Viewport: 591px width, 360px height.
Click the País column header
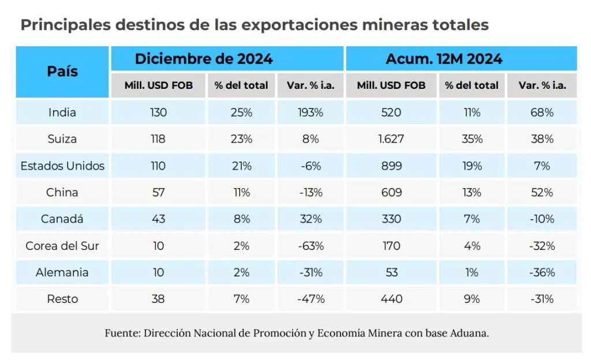[x=62, y=72]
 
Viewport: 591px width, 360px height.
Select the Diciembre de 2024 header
[x=204, y=59]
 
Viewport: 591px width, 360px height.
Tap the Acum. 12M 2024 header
[x=444, y=59]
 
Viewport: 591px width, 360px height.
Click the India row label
[x=62, y=112]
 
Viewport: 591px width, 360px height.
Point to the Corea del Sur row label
[x=62, y=246]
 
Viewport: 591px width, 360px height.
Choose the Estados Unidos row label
[x=62, y=166]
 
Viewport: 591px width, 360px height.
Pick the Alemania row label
[x=62, y=272]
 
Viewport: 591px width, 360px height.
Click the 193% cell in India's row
[x=311, y=112]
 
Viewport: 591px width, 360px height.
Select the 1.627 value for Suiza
[x=391, y=139]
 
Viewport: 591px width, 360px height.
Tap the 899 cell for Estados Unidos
[x=391, y=166]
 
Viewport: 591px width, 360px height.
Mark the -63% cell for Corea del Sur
[x=311, y=246]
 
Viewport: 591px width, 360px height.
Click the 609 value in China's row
[x=391, y=193]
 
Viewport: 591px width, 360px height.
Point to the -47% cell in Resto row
[x=311, y=299]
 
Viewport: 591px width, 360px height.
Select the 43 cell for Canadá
[x=158, y=219]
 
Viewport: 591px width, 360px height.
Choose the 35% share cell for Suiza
[x=472, y=139]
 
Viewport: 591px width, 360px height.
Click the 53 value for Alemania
[x=391, y=272]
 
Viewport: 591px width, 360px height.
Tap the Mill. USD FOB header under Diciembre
[x=158, y=85]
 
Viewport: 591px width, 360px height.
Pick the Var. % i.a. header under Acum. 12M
[x=541, y=85]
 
